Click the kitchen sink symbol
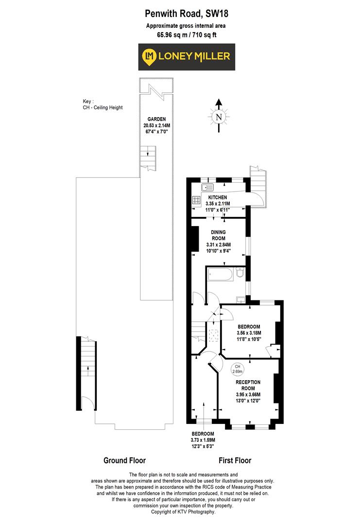point(207,187)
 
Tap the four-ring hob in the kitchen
point(197,199)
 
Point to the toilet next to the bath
point(240,275)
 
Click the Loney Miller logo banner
point(187,57)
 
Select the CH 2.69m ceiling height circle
point(237,369)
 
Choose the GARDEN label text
point(157,119)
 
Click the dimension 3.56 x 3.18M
point(249,333)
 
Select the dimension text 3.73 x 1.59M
point(203,440)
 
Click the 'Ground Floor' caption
point(124,460)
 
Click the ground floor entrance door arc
point(86,403)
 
